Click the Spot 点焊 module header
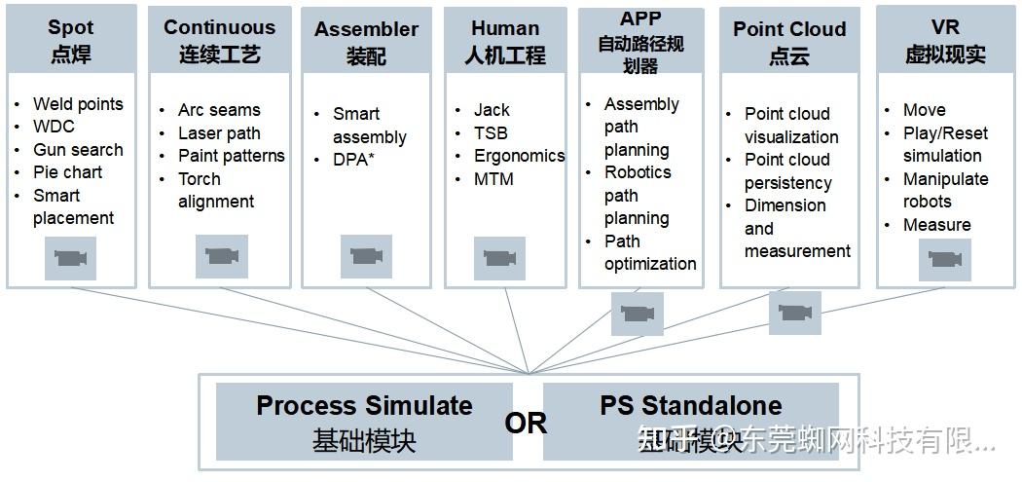71,41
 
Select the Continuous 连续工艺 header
219,41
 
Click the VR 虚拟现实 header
945,41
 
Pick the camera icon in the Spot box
70,258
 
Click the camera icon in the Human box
499,258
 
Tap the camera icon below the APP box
637,314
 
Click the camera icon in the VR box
945,258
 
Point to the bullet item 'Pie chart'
67,172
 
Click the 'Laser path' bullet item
219,133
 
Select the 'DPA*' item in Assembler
353,160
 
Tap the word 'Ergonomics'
519,156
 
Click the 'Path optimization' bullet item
649,252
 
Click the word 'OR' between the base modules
526,424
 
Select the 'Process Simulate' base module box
364,421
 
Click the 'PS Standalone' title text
690,405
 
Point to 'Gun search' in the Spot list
78,150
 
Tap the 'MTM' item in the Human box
493,179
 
